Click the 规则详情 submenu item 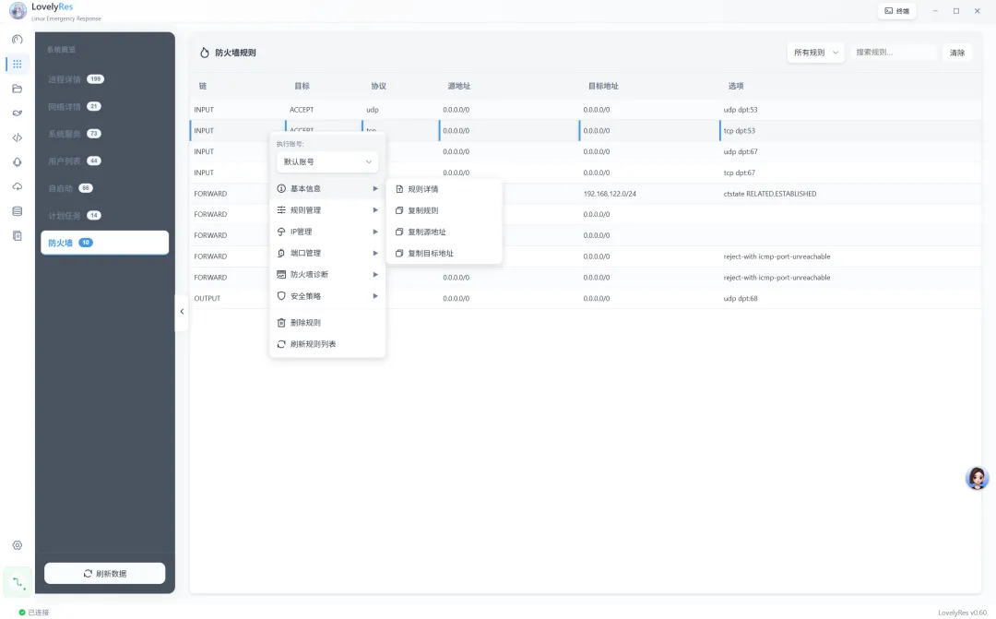tap(423, 189)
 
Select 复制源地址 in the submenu tap(427, 232)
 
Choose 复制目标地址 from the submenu tap(431, 253)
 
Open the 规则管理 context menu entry tap(305, 210)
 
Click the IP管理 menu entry tap(302, 232)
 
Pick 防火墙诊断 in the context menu tap(309, 274)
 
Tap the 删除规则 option tap(305, 323)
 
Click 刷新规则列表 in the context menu tap(313, 344)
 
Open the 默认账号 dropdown tap(327, 161)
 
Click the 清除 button tap(957, 53)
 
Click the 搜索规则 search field tap(892, 53)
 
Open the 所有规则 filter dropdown tap(816, 53)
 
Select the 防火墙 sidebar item tap(104, 243)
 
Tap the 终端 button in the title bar tap(896, 11)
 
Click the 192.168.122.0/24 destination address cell tap(610, 194)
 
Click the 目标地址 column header tap(603, 86)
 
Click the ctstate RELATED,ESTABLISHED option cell tap(770, 194)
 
